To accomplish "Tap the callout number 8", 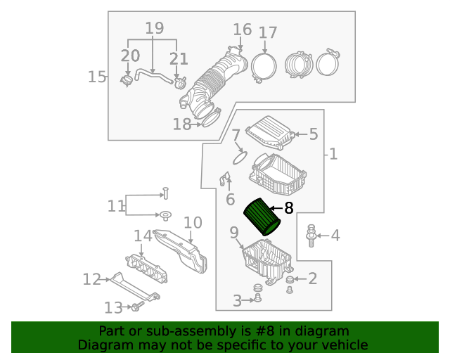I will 288,208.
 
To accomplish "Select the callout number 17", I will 268,32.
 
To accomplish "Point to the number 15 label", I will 96,76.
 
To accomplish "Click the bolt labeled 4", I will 311,236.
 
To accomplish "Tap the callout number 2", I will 312,278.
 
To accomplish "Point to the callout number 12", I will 91,279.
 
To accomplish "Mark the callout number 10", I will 193,223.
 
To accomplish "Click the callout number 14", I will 143,236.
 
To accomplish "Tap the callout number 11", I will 115,205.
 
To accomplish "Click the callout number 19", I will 154,28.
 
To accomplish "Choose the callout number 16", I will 242,29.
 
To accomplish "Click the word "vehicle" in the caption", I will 345,345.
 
